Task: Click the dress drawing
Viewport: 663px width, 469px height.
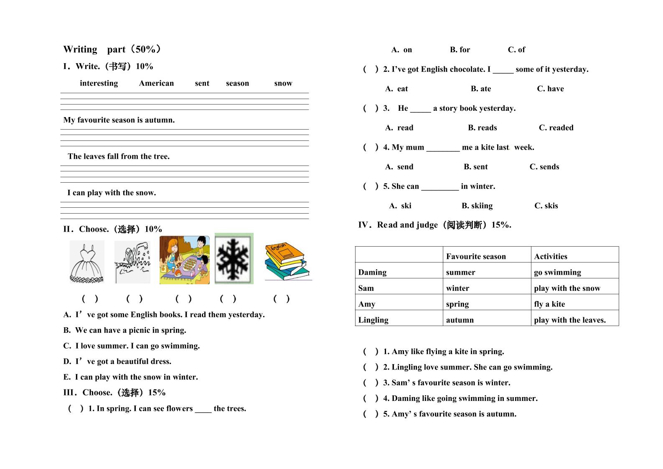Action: tap(87, 262)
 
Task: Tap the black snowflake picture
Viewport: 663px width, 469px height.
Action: tap(234, 259)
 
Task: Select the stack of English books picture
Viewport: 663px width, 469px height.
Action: tap(288, 261)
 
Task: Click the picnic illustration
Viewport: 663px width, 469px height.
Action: tap(185, 260)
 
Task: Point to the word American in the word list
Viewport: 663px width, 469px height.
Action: tap(156, 83)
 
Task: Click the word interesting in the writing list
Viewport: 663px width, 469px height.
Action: tap(99, 83)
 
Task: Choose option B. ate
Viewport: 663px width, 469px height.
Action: tap(481, 89)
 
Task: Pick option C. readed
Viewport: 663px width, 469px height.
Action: tap(556, 127)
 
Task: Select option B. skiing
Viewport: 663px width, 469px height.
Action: tap(477, 206)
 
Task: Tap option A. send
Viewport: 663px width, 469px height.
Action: tap(399, 167)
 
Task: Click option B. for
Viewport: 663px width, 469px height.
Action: tap(460, 50)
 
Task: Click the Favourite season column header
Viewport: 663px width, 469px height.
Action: tap(476, 256)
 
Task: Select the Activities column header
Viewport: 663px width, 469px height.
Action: tap(551, 256)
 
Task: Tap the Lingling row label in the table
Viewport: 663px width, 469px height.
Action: tap(373, 320)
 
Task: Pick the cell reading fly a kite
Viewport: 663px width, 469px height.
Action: tap(549, 304)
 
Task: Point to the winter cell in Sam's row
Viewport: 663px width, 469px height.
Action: tap(457, 288)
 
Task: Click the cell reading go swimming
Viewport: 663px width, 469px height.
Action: tap(557, 272)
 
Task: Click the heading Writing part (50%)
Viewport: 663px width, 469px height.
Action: tap(112, 49)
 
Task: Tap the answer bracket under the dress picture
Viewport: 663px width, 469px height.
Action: tap(90, 298)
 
